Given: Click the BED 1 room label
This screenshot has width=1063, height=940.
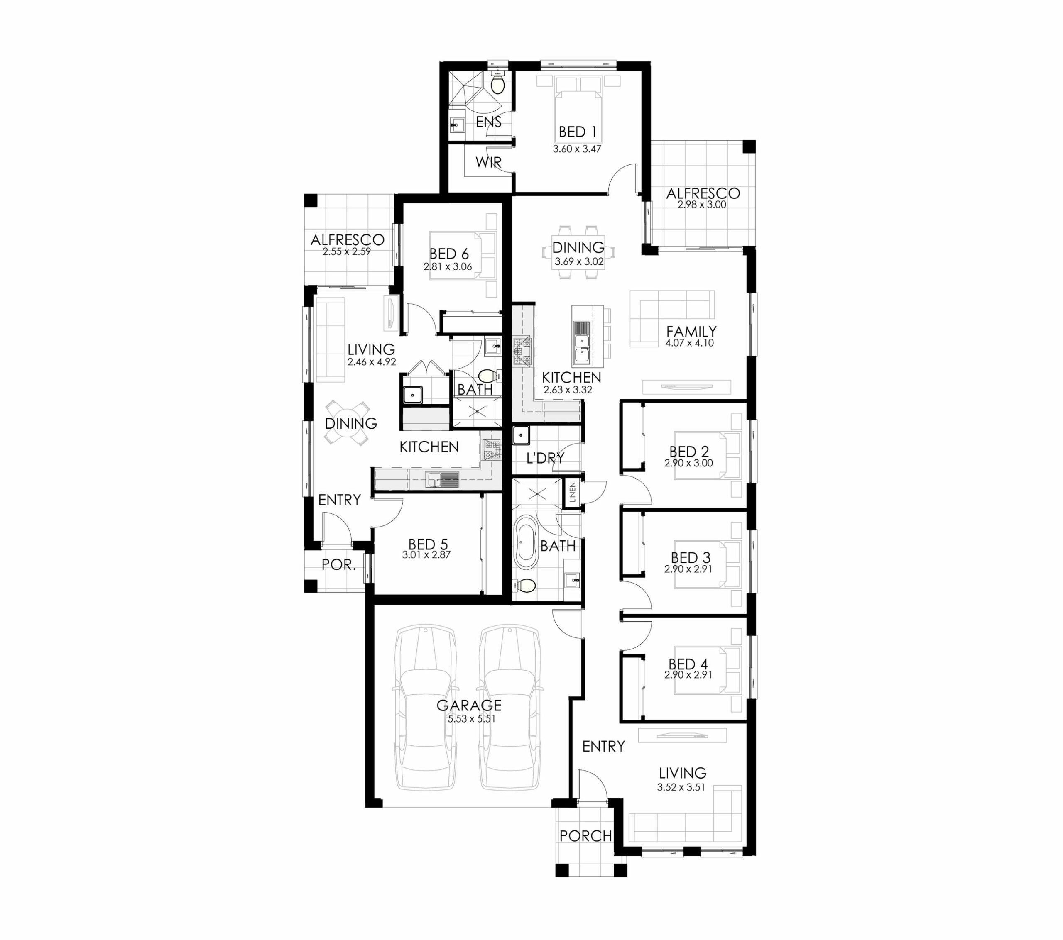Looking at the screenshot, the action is [x=577, y=132].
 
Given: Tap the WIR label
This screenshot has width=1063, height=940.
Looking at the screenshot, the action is [x=488, y=163].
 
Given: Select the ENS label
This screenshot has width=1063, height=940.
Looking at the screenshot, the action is [x=488, y=122].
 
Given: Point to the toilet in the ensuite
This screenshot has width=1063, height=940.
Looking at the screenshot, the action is [x=498, y=83].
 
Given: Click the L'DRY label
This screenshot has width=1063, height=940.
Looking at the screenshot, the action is [x=545, y=458].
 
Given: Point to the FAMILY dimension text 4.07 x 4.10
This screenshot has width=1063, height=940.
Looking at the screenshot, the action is [x=689, y=343].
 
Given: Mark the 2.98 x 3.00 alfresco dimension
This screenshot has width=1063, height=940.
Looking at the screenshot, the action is [x=702, y=205].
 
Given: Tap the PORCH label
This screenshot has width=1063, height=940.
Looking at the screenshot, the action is [x=585, y=836].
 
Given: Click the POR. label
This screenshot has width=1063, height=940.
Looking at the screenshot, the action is [x=338, y=565].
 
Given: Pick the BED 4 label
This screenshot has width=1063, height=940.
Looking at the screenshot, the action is [x=688, y=664].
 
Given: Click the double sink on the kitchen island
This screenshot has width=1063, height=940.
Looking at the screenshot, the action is [x=581, y=341].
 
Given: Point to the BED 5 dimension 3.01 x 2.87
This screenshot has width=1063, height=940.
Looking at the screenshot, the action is [x=426, y=555].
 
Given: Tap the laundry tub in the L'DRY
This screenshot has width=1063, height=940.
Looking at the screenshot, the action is [x=521, y=435].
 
